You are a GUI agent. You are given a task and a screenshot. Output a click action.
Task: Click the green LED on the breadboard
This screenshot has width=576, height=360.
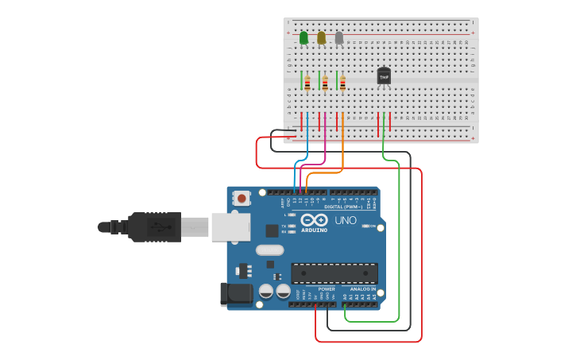point(303,37)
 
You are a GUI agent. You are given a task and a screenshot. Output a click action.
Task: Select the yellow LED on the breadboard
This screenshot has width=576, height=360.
point(321,37)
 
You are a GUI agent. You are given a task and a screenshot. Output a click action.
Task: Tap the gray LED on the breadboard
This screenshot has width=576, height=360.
point(339,37)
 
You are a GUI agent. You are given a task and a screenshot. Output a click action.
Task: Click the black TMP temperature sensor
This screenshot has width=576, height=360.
point(384,75)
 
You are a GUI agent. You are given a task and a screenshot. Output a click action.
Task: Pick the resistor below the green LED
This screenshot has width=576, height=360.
point(307,83)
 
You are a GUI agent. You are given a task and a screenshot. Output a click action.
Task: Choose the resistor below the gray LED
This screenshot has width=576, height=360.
point(342,83)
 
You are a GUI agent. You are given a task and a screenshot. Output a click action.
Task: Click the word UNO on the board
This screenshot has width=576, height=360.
point(346,220)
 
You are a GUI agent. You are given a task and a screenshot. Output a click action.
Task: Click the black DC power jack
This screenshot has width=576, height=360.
point(237,294)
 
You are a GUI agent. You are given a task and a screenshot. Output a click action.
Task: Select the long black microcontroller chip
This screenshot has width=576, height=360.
point(334,273)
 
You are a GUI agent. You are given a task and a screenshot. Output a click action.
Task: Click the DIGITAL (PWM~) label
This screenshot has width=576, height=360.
point(343,207)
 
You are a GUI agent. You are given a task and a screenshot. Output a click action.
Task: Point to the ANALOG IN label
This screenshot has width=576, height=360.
point(362,289)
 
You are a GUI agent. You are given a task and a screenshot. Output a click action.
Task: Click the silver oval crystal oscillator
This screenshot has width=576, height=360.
point(269,250)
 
